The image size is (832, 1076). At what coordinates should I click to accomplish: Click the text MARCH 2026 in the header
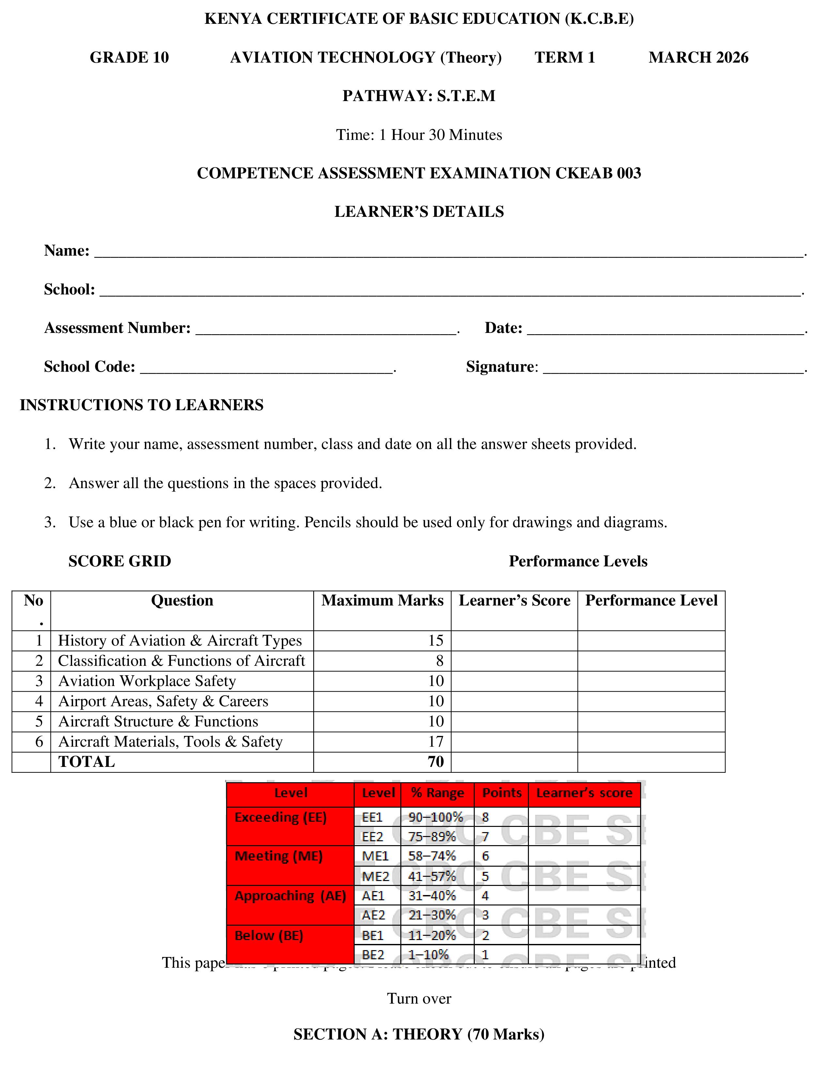pos(698,58)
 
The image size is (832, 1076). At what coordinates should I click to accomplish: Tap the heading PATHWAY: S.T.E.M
pos(419,96)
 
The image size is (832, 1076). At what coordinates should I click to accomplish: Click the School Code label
pos(89,367)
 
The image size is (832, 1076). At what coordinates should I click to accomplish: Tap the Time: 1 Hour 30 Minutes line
pos(419,135)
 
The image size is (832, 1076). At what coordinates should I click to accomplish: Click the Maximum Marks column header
pos(382,601)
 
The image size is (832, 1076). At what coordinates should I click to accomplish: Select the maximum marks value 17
pos(436,741)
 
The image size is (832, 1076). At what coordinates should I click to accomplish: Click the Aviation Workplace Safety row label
pos(147,681)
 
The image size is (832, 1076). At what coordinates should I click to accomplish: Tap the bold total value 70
pos(436,762)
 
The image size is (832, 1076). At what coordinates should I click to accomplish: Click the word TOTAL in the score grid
pos(87,762)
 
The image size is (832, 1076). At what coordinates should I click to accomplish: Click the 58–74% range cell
pos(432,856)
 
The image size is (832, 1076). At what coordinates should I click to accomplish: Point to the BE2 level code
pos(373,955)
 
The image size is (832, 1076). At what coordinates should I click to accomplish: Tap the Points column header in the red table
pos(501,793)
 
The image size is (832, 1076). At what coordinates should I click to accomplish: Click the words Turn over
pos(419,999)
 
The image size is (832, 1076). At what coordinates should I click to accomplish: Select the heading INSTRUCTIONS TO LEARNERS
pos(142,405)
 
